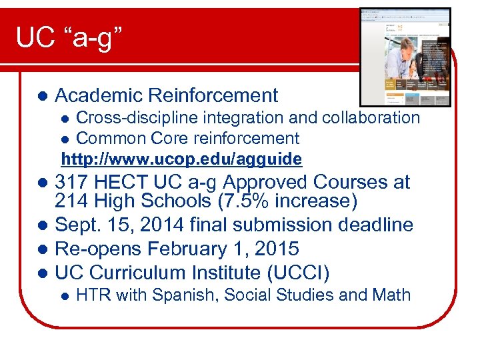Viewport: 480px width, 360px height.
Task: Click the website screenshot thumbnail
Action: [x=405, y=57]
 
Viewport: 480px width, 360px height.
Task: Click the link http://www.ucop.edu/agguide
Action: [x=181, y=159]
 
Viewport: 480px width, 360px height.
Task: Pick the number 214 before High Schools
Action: [x=72, y=201]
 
